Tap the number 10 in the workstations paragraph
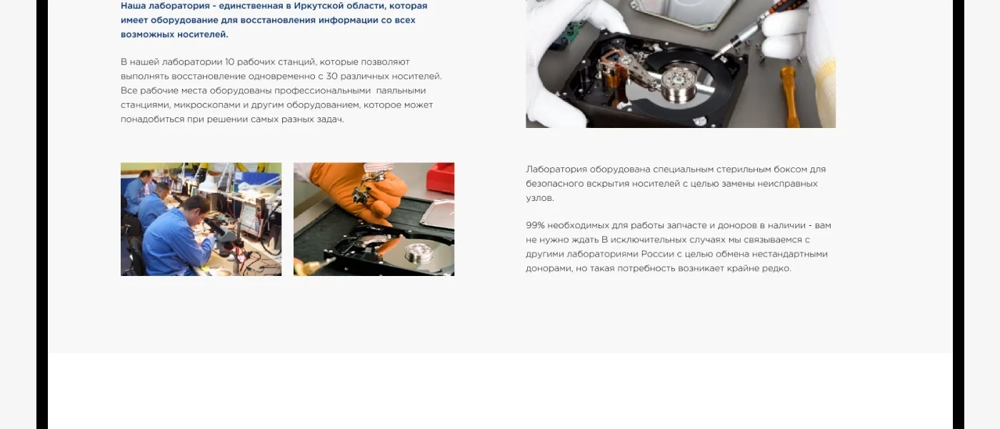229,61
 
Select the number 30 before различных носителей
331,76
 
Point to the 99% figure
535,225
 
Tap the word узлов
540,198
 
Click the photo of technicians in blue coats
201,219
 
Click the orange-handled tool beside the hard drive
789,94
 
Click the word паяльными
401,91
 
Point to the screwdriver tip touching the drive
714,56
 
